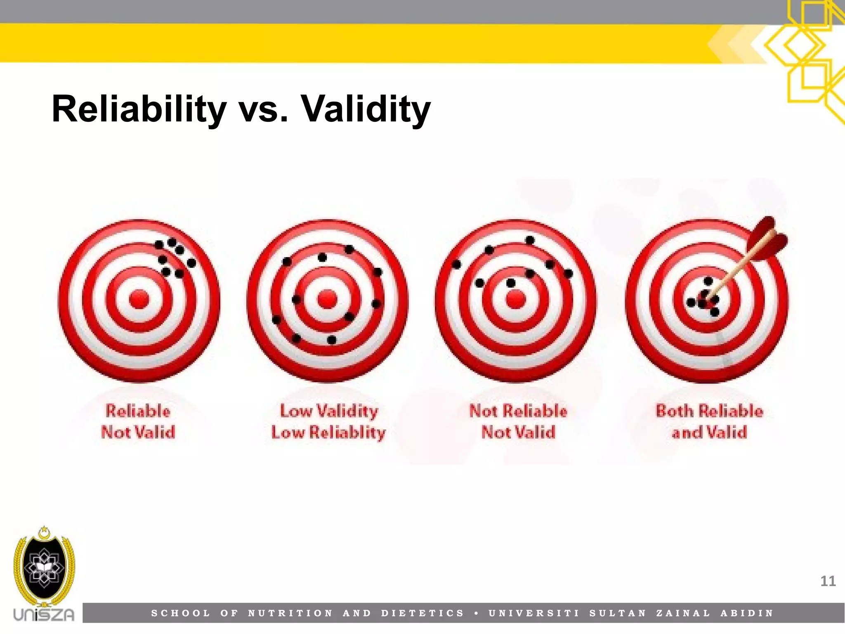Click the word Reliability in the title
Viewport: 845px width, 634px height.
139,109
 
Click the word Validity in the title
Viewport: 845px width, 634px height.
366,109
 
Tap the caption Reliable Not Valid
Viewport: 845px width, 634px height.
138,421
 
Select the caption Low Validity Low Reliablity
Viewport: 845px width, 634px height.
328,421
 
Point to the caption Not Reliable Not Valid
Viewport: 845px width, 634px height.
518,421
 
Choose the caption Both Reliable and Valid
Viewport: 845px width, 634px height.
709,421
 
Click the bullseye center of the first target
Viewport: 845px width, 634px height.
139,299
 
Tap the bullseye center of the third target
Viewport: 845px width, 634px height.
515,299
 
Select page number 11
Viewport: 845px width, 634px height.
828,582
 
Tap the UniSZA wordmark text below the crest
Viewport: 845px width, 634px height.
44,614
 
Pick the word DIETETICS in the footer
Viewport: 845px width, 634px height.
423,613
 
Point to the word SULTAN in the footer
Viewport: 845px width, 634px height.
618,613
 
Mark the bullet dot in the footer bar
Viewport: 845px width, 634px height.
477,613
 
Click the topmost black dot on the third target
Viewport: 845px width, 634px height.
530,240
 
